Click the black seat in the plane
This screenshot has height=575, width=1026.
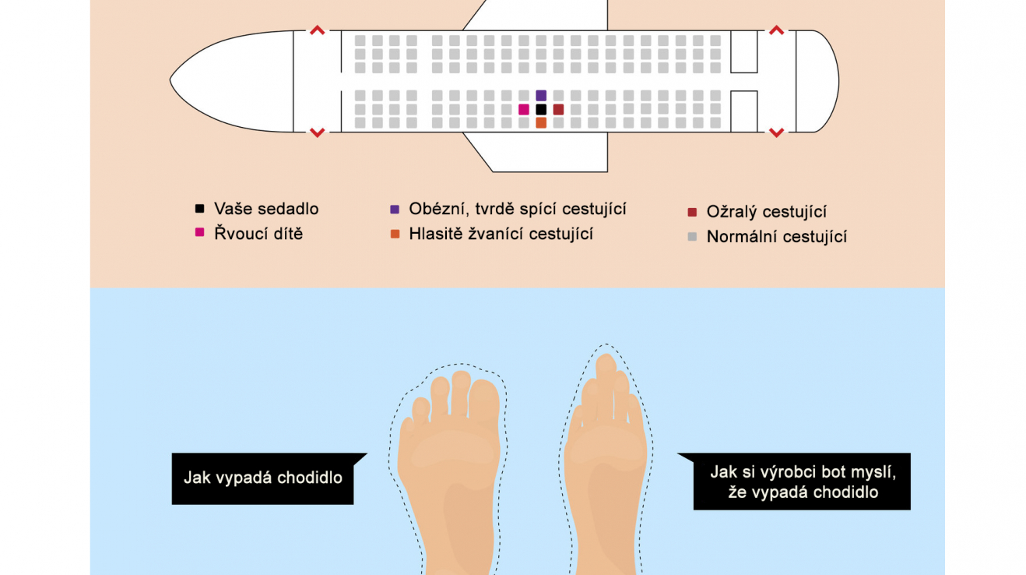pyautogui.click(x=541, y=110)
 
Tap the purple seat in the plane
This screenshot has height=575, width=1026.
pyautogui.click(x=541, y=95)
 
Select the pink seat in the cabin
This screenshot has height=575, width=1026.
pyautogui.click(x=524, y=110)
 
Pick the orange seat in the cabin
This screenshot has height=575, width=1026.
pyautogui.click(x=541, y=123)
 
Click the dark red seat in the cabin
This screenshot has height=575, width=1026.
pyautogui.click(x=558, y=110)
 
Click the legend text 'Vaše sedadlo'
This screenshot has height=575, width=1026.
pyautogui.click(x=266, y=209)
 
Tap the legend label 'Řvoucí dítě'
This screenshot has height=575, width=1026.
pyautogui.click(x=258, y=234)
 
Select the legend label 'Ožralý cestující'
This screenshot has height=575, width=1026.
pyautogui.click(x=766, y=212)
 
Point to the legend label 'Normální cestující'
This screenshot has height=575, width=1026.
pyautogui.click(x=776, y=237)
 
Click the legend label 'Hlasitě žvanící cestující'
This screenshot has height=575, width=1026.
pyautogui.click(x=501, y=234)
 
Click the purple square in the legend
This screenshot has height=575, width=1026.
pyautogui.click(x=395, y=210)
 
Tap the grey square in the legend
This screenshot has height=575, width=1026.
pyautogui.click(x=692, y=237)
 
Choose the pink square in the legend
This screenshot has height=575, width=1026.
pyautogui.click(x=199, y=232)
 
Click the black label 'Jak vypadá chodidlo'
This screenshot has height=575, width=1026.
pyautogui.click(x=262, y=478)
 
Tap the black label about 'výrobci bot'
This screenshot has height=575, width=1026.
pyautogui.click(x=802, y=482)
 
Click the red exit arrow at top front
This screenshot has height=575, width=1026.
pyautogui.click(x=318, y=30)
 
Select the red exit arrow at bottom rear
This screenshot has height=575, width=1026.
pyautogui.click(x=776, y=132)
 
